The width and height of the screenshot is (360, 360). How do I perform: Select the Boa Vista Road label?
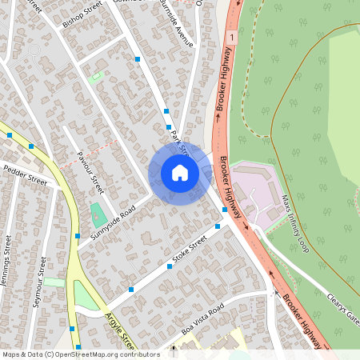point(202,319)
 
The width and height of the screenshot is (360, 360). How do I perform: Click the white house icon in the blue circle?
point(180,173)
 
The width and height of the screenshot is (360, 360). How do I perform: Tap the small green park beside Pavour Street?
point(98,214)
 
